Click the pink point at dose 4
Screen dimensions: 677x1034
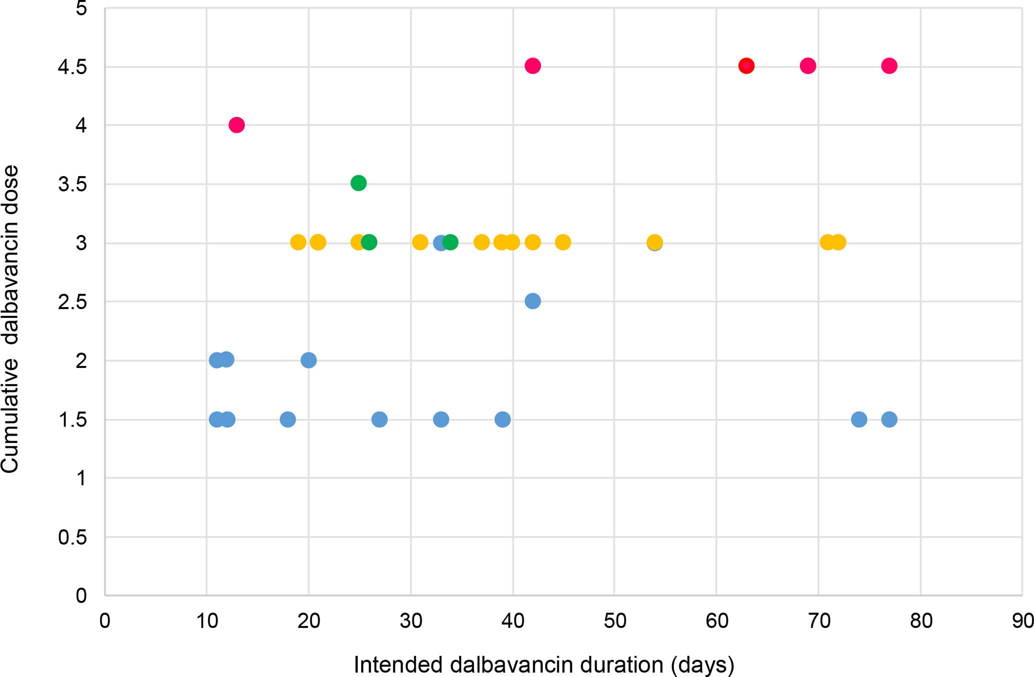237,124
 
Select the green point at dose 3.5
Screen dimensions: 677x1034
358,183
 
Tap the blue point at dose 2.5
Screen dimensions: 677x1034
533,301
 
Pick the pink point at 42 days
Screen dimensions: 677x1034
533,65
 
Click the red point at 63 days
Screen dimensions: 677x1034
746,65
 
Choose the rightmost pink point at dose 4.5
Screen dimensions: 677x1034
889,65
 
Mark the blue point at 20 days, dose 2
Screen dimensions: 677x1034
309,360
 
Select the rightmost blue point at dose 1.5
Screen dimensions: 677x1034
889,419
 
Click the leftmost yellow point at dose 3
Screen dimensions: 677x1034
298,242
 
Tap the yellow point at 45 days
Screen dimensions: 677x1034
563,242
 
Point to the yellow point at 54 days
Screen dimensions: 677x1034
655,242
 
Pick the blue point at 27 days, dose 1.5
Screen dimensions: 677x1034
380,419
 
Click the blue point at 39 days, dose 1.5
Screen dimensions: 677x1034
503,419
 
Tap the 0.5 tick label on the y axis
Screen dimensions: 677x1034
72,537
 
